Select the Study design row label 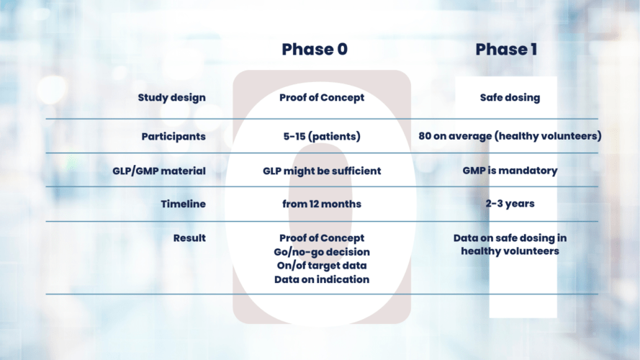coord(171,98)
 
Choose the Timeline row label coord(183,204)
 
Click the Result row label coord(189,238)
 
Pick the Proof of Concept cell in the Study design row coord(321,98)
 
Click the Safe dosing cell coord(509,98)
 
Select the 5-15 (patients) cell coord(321,136)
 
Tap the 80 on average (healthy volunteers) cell coord(509,136)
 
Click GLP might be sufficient coord(321,171)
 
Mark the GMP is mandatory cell coord(509,171)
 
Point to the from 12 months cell coord(321,204)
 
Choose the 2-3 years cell coord(509,204)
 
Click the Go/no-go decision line coord(321,251)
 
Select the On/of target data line coord(321,265)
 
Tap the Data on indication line coord(321,279)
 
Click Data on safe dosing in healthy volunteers coord(509,244)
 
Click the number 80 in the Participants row coord(425,136)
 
